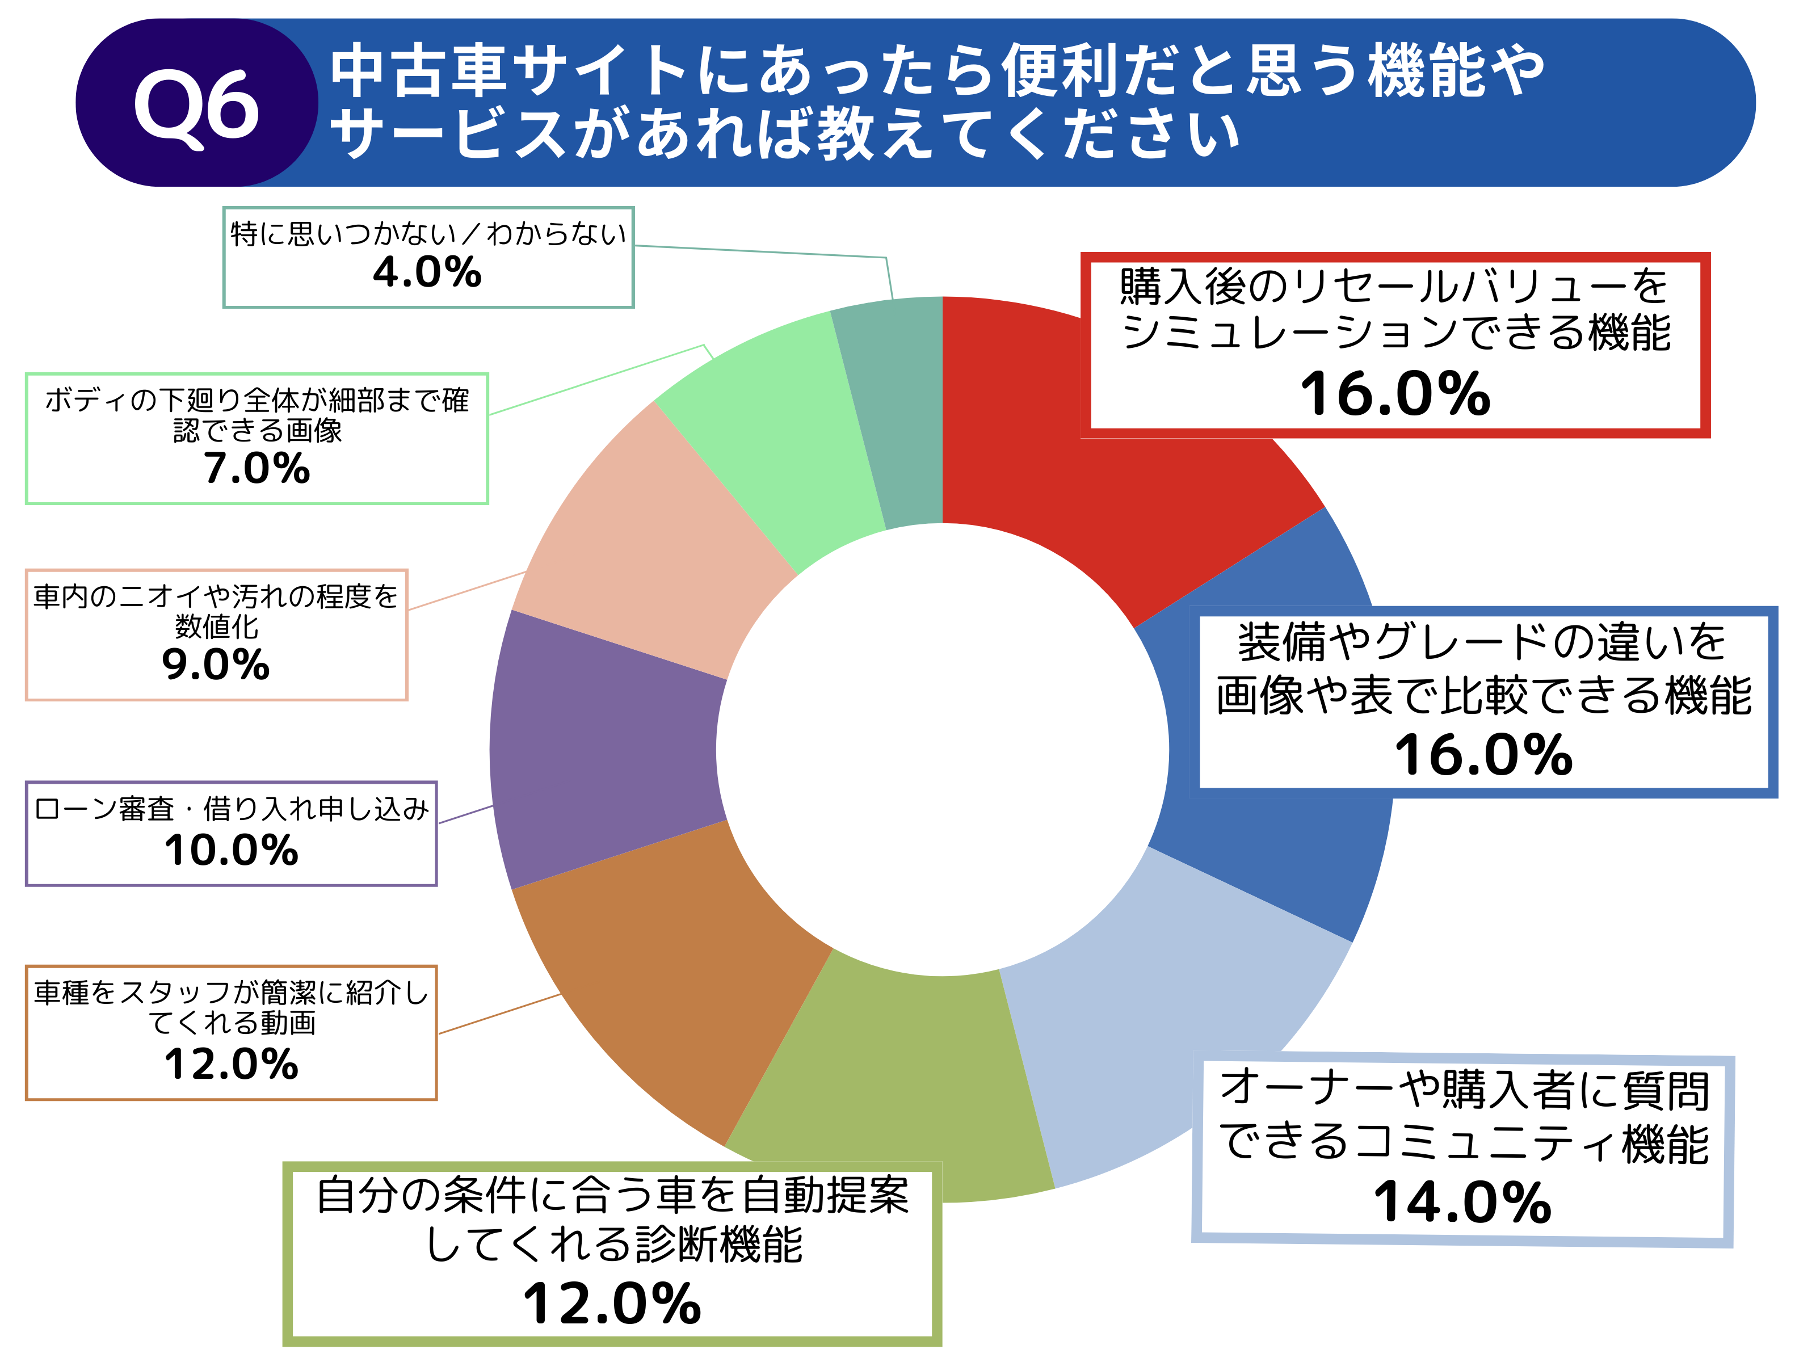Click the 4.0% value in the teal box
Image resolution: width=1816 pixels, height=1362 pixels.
(427, 272)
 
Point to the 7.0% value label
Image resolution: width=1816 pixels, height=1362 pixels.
(257, 469)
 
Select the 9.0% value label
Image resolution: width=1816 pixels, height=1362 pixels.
(216, 665)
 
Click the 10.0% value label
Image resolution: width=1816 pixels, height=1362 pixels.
(231, 851)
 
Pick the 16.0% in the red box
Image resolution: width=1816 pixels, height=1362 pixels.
(1395, 394)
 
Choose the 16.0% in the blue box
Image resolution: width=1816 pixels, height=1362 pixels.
(1483, 755)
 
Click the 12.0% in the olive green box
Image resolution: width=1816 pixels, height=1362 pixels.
(612, 1304)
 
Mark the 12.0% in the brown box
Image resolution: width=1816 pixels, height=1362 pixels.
(231, 1065)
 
